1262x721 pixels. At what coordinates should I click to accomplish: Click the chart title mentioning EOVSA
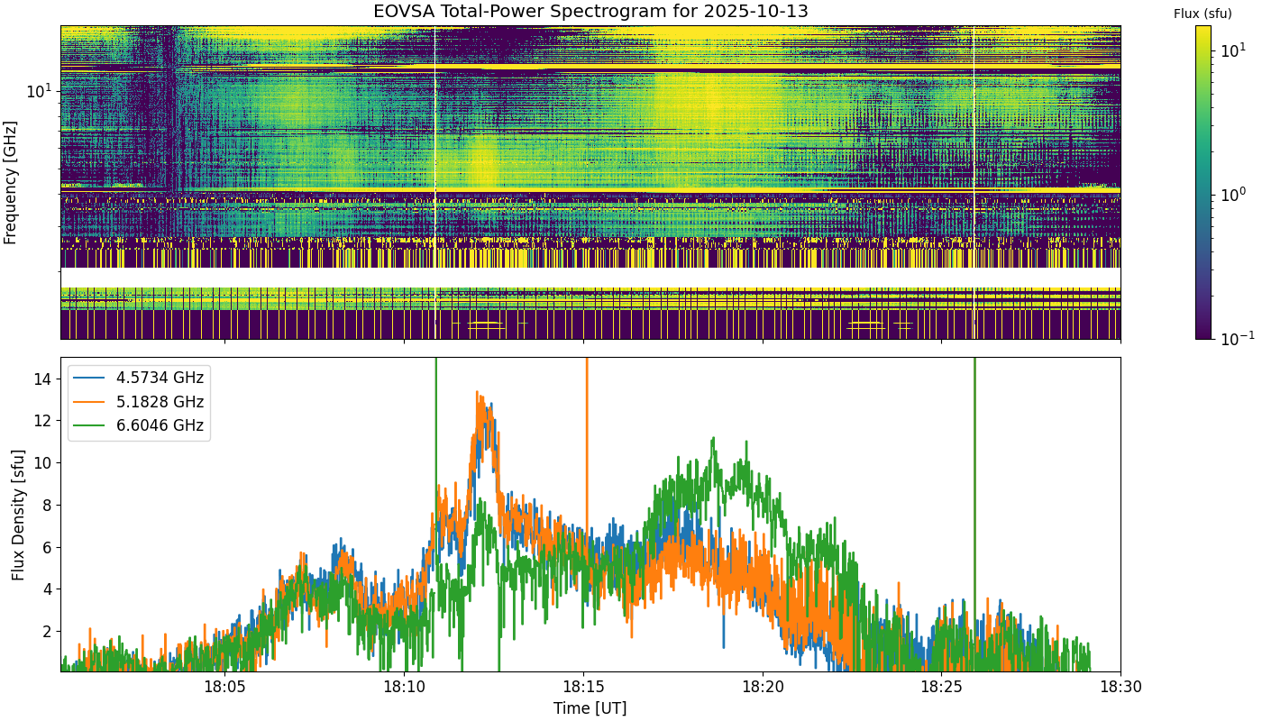coord(590,11)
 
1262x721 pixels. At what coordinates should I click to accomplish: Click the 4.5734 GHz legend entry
coord(139,378)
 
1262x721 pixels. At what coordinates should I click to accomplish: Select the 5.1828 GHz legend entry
coord(139,402)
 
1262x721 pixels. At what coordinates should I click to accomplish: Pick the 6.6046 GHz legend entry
coord(139,425)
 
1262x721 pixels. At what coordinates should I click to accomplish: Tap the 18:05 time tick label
coord(224,687)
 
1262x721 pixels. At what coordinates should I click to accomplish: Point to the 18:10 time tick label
coord(404,687)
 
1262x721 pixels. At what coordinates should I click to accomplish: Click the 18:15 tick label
coord(583,687)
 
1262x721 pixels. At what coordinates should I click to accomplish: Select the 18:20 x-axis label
coord(763,687)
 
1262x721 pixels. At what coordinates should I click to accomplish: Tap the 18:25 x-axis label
coord(941,687)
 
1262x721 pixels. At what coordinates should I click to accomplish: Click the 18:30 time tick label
coord(1120,687)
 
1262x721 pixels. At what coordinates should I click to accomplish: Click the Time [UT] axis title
coord(590,708)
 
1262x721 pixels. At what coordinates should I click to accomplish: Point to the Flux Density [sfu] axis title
coord(18,515)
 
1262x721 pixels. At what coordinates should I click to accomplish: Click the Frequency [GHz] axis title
coord(10,182)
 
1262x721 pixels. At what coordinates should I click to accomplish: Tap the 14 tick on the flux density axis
coord(42,379)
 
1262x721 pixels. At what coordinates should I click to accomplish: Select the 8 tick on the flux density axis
coord(46,506)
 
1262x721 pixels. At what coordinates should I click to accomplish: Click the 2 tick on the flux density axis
coord(46,632)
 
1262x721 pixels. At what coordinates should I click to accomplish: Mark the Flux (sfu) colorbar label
coord(1203,14)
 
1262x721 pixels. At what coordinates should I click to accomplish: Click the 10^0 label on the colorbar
coord(1233,195)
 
